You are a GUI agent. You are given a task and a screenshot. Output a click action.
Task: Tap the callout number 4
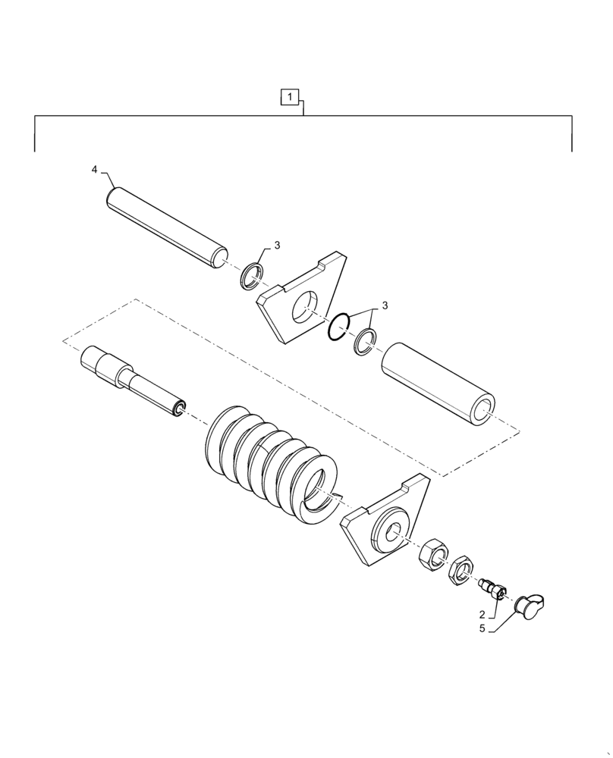(94, 170)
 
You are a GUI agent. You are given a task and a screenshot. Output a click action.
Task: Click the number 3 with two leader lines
(384, 305)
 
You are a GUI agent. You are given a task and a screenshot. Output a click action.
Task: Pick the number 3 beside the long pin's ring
(277, 245)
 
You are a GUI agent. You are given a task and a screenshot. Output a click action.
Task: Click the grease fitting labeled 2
(493, 590)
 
